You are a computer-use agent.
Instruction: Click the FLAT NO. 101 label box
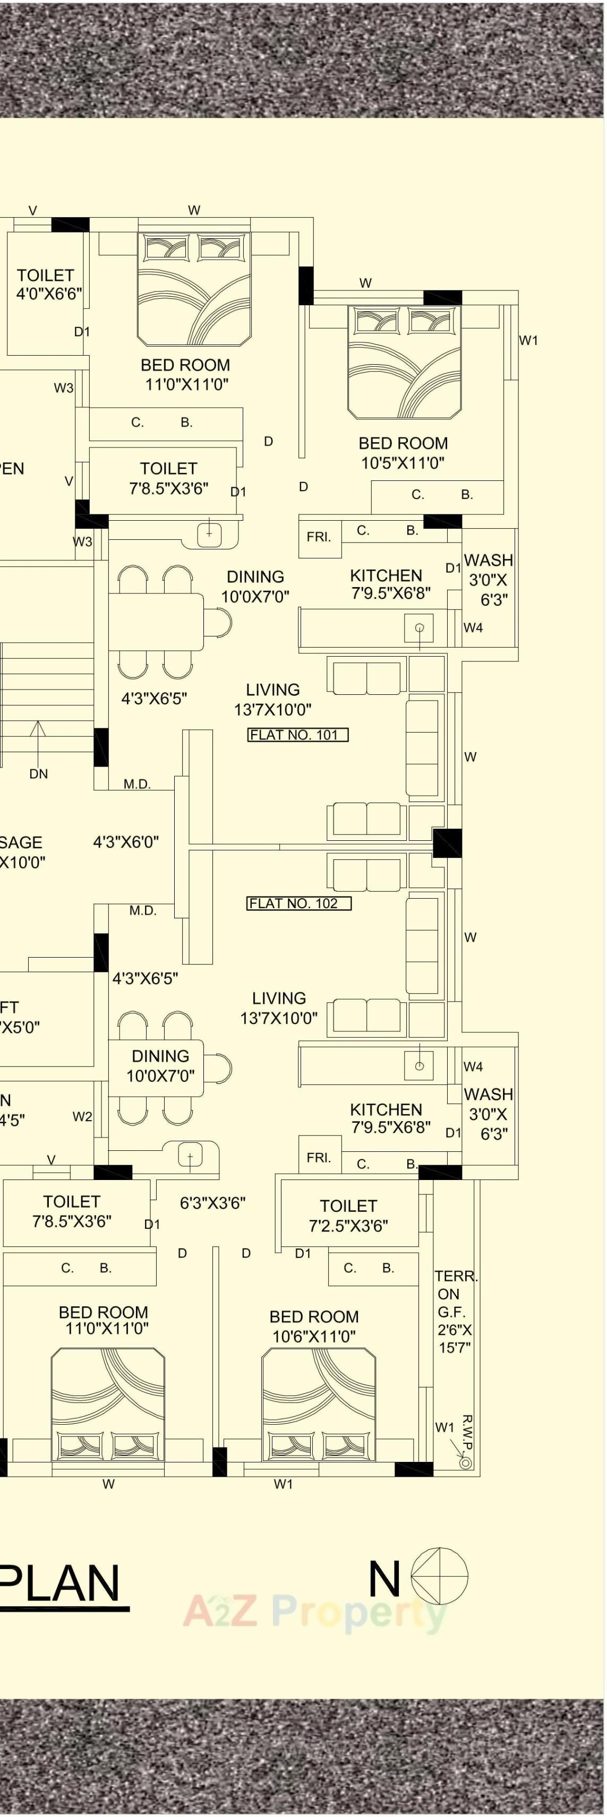pyautogui.click(x=298, y=735)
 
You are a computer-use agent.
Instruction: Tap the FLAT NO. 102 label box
pyautogui.click(x=298, y=903)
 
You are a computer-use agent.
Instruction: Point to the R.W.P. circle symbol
pyautogui.click(x=465, y=1463)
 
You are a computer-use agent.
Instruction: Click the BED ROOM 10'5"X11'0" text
pyautogui.click(x=403, y=453)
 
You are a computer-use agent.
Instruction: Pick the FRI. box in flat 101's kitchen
pyautogui.click(x=319, y=538)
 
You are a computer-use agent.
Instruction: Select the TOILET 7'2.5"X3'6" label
pyautogui.click(x=349, y=1216)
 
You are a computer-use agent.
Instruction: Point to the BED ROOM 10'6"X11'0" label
pyautogui.click(x=314, y=1326)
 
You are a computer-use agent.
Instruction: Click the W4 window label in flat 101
pyautogui.click(x=473, y=628)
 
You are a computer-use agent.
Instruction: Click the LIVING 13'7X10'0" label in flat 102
pyautogui.click(x=279, y=1008)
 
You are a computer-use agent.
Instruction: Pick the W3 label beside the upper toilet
pyautogui.click(x=64, y=388)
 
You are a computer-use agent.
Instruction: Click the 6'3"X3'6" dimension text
pyautogui.click(x=212, y=1203)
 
